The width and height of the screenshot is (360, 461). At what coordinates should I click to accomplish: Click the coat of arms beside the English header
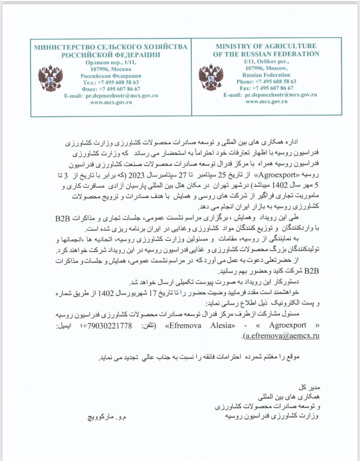211,77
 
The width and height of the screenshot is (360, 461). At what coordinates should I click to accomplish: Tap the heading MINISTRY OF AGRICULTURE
266,46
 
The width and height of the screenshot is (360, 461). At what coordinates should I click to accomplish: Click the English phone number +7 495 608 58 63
275,81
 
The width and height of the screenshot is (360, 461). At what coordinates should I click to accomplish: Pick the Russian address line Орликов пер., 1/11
110,63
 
